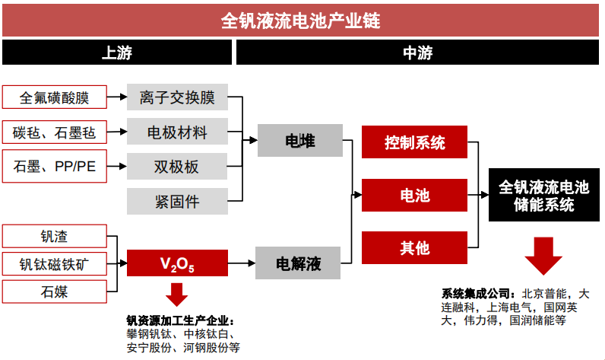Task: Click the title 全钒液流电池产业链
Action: tap(300, 21)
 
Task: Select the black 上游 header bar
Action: tap(117, 53)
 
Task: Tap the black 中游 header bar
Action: tap(417, 53)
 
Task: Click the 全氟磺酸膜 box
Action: tap(55, 97)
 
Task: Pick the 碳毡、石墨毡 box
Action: tap(55, 132)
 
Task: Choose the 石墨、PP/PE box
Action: tap(55, 166)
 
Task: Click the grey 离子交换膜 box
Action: tap(178, 97)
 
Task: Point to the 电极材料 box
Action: tap(178, 132)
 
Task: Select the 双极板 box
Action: tap(178, 167)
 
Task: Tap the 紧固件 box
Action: tap(178, 201)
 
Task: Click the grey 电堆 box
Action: tap(300, 140)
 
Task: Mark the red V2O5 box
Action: tap(178, 263)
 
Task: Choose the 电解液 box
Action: tap(298, 263)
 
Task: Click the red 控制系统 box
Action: tap(414, 142)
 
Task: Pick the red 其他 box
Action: tap(414, 247)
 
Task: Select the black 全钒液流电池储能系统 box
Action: tap(544, 195)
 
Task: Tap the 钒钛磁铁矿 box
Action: tap(55, 264)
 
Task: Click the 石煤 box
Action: tap(55, 292)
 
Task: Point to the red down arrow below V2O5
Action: tap(177, 295)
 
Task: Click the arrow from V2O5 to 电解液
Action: tap(242, 263)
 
